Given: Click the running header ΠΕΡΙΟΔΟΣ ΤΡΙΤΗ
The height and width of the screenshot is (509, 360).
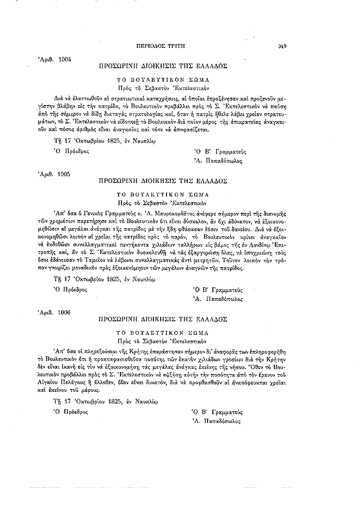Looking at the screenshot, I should (162, 46).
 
